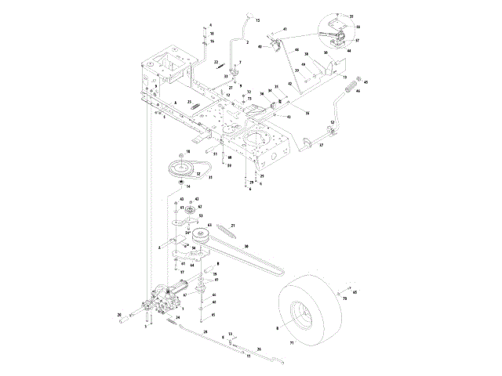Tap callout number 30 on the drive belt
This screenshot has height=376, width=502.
247,247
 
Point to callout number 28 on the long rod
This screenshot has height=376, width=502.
206,333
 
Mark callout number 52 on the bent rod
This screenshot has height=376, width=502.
333,123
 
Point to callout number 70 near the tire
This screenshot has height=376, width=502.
344,299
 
